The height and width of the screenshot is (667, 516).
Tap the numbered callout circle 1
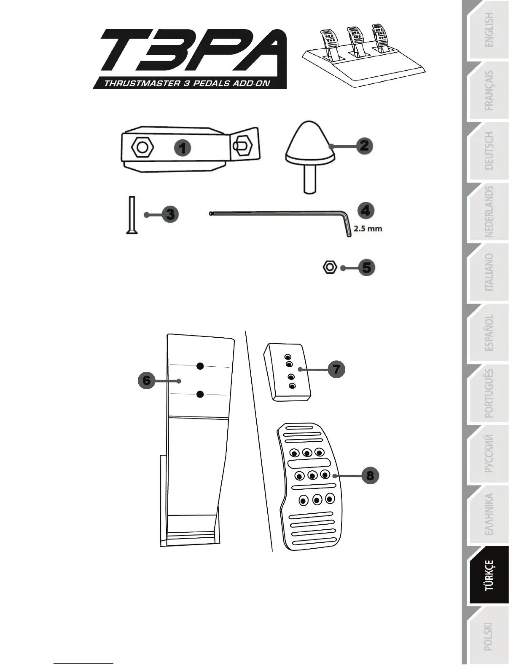(x=183, y=148)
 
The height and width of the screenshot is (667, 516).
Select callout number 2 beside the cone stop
(x=364, y=146)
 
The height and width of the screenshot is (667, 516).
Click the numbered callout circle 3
(x=170, y=214)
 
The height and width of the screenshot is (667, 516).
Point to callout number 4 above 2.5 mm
(x=365, y=211)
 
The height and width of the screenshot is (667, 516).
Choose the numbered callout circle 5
(x=366, y=267)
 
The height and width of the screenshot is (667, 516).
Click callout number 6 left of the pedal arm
(x=146, y=381)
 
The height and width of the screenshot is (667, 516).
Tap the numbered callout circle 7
(x=336, y=369)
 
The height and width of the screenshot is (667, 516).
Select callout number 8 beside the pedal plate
(x=370, y=476)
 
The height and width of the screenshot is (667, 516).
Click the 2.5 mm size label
(x=368, y=229)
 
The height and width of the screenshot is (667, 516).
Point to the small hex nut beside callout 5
(x=329, y=267)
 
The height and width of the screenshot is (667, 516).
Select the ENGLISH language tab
(x=488, y=29)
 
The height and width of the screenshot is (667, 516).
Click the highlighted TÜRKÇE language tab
(x=488, y=575)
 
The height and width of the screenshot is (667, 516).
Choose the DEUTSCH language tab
(x=488, y=151)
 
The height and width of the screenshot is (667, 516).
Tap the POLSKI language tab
(x=488, y=636)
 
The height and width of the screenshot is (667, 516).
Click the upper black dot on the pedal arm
(x=200, y=366)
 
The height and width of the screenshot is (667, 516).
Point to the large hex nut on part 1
(x=142, y=147)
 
